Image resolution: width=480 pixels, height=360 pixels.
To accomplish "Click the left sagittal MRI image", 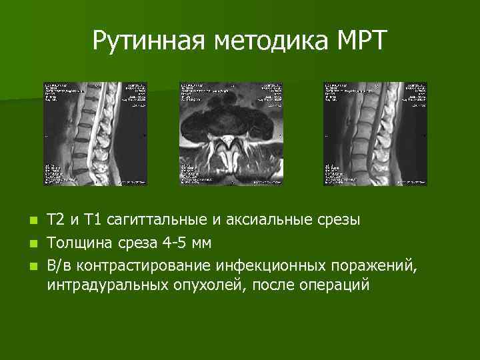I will [95, 133].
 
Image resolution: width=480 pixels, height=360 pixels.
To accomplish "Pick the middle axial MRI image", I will [231, 133].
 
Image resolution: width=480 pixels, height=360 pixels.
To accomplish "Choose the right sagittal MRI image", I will [375, 133].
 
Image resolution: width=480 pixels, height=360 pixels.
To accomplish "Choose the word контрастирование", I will [143, 267].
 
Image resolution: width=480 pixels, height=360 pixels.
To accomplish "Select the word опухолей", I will [192, 285].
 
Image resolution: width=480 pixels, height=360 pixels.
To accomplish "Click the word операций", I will [332, 285].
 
